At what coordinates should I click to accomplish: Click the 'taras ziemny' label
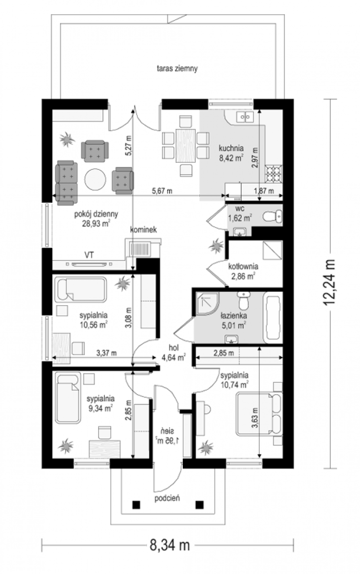(x=177, y=68)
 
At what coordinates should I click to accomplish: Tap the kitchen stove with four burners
(x=274, y=174)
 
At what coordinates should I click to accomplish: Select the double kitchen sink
(x=245, y=117)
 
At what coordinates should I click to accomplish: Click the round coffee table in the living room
(x=95, y=179)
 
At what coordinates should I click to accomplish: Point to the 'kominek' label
(x=143, y=230)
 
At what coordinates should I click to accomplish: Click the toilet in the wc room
(x=272, y=217)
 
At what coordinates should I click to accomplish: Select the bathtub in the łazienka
(x=273, y=318)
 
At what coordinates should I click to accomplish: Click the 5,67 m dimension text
(x=162, y=191)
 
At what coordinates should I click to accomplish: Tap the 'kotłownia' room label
(x=243, y=266)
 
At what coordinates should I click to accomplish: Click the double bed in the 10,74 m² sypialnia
(x=259, y=414)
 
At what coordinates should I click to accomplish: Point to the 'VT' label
(x=89, y=255)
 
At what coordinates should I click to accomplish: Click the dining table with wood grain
(x=186, y=146)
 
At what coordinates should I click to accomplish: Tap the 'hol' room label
(x=174, y=348)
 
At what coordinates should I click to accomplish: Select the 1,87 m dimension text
(x=264, y=191)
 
